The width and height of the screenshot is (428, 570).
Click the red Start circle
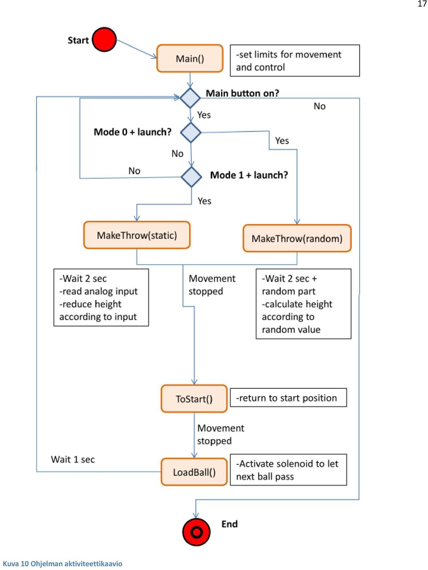tap(104, 40)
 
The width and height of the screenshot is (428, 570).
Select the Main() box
tap(190, 58)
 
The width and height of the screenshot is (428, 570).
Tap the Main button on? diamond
tap(190, 98)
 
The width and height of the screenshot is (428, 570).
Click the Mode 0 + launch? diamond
tap(191, 132)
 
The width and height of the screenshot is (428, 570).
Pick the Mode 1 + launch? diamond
tap(191, 177)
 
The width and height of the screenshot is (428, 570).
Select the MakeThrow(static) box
tap(137, 235)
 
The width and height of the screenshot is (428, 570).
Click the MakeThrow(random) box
tap(297, 238)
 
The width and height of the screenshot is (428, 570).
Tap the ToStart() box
tap(194, 398)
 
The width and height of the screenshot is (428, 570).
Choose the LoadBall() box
tap(194, 472)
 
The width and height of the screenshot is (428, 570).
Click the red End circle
tap(196, 532)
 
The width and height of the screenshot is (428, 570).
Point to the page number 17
tap(422, 4)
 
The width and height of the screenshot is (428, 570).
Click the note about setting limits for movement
tap(295, 61)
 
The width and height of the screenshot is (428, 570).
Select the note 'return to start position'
tap(288, 398)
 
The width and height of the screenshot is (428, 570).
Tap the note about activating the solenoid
tap(288, 470)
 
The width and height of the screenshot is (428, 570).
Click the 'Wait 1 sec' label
tap(73, 459)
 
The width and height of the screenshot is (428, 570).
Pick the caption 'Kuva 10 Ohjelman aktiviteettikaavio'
tap(62, 564)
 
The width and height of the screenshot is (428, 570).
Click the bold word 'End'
tap(229, 524)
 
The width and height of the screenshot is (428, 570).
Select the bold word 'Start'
tap(78, 40)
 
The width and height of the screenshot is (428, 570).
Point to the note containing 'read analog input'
tap(101, 297)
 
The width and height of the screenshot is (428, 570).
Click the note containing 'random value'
tap(303, 304)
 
